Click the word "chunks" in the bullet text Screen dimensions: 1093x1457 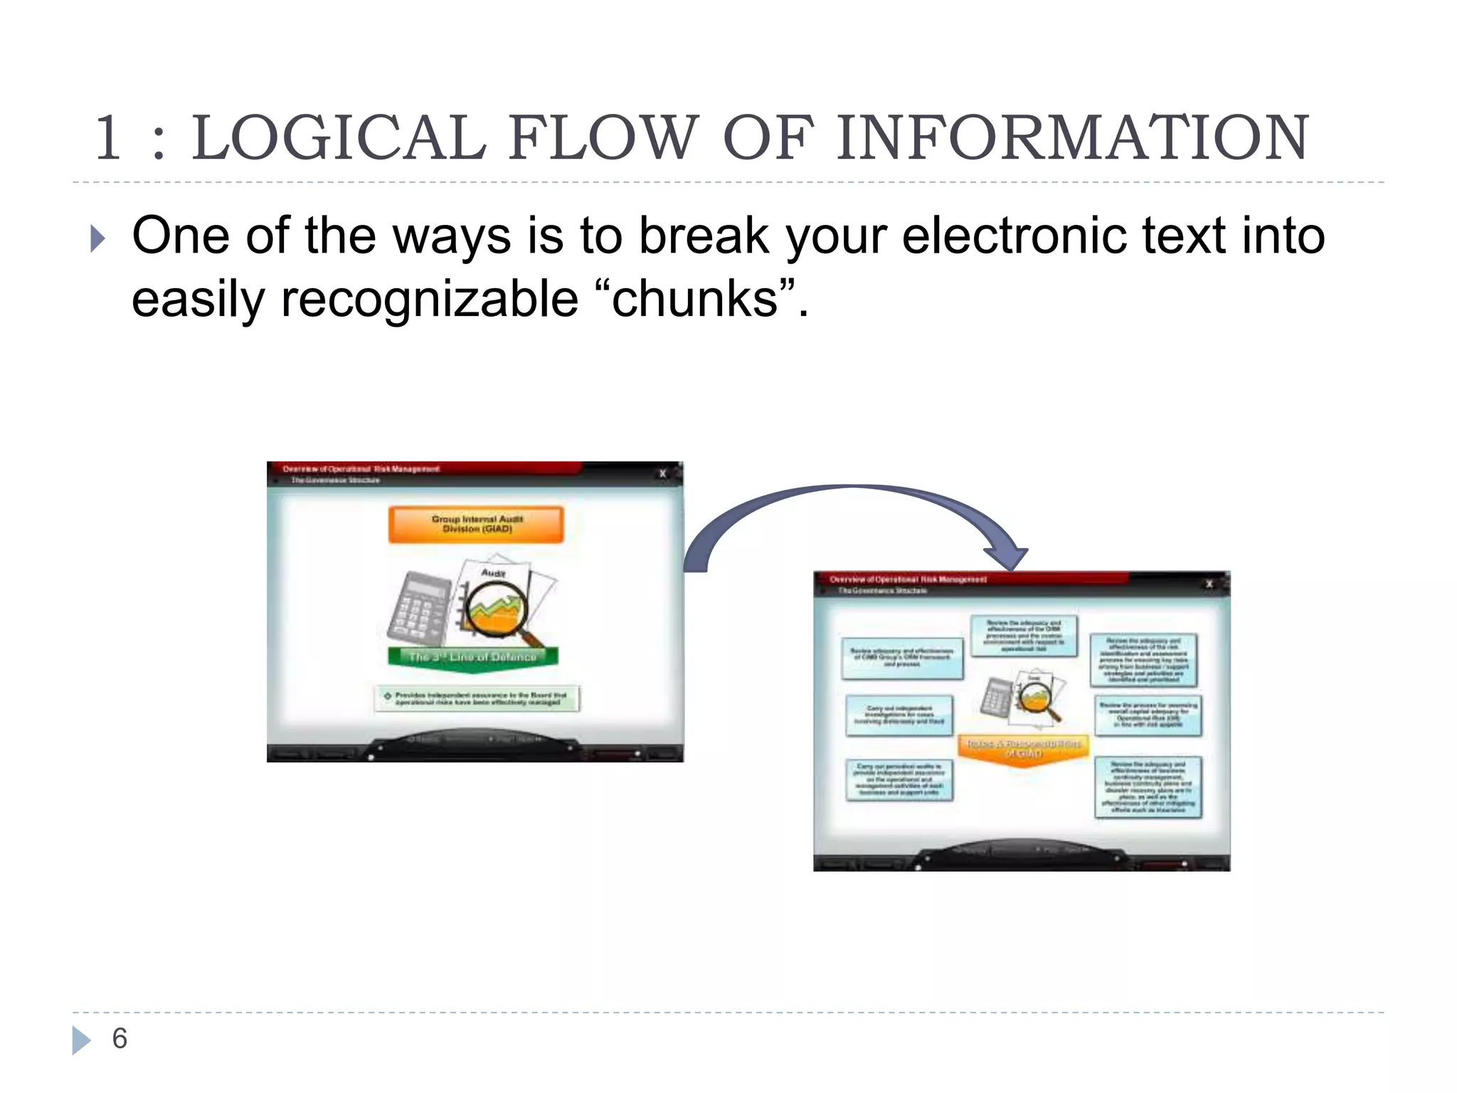tap(694, 299)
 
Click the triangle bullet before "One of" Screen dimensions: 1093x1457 tap(98, 239)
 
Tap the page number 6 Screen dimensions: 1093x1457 tap(120, 1039)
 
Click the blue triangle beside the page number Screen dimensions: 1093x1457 tap(81, 1040)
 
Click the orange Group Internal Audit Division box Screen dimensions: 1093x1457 tap(476, 524)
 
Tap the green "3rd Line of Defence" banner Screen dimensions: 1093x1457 tap(473, 657)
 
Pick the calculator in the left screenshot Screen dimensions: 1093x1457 tap(420, 608)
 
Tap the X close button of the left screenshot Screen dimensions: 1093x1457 tap(663, 473)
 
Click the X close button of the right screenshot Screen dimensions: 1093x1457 tap(1209, 584)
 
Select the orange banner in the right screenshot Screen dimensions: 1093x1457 tap(1024, 749)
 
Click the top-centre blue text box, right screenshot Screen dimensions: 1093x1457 tap(1024, 635)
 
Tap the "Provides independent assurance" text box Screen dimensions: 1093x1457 tap(477, 698)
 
